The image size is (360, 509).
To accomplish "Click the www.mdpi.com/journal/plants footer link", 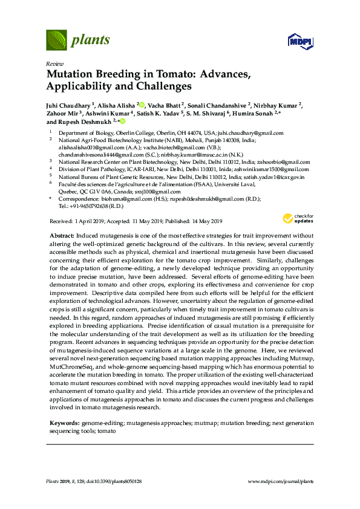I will click(x=281, y=482).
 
